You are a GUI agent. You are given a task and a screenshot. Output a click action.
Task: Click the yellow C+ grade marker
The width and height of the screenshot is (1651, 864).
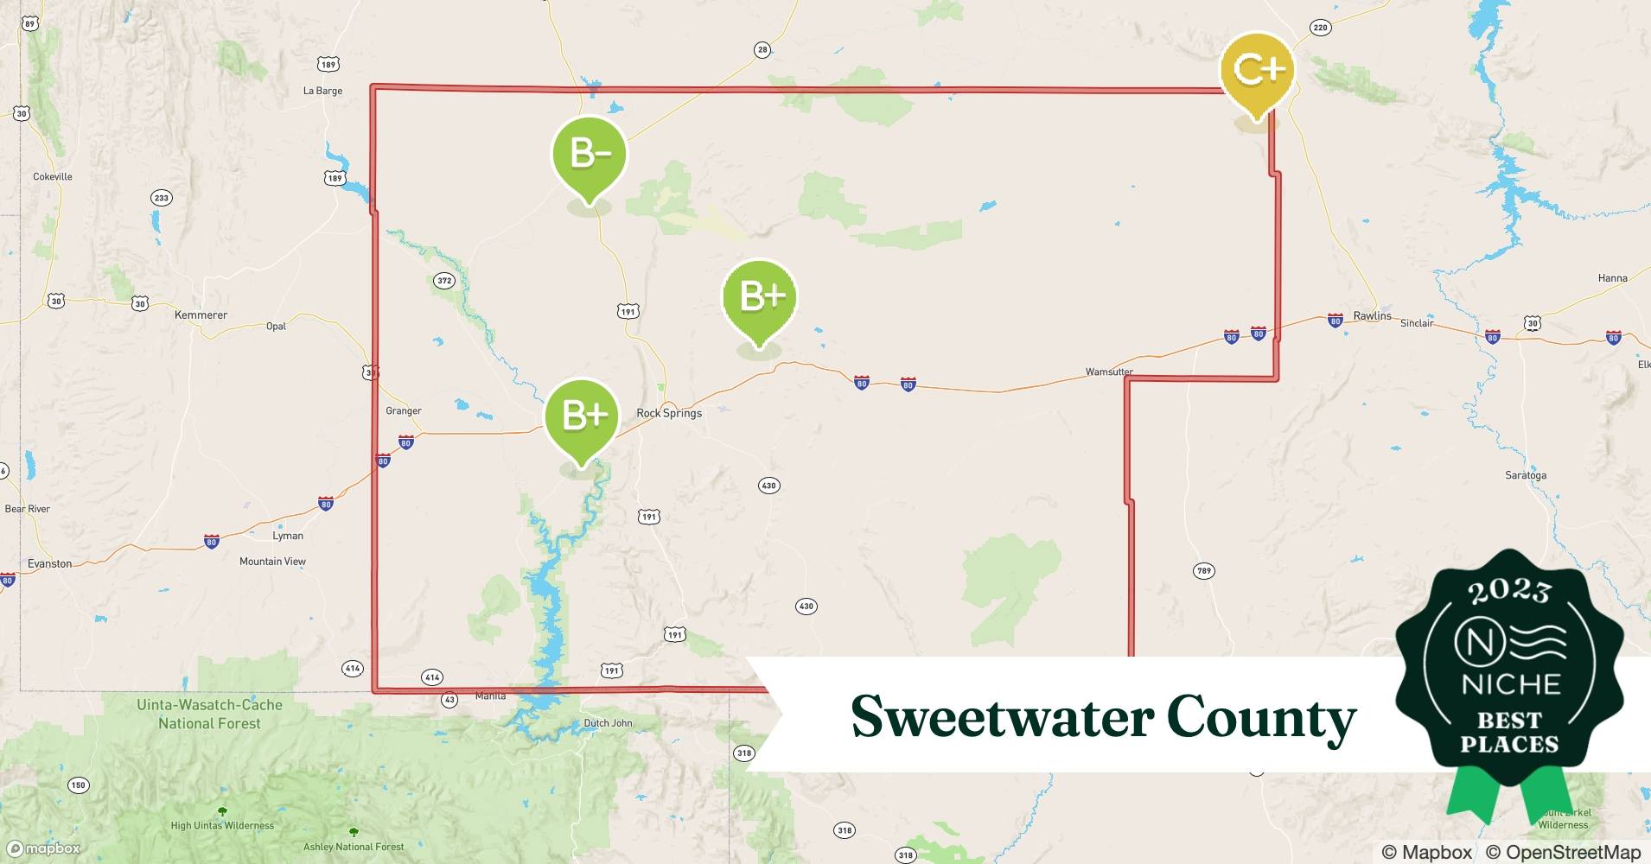pyautogui.click(x=1258, y=69)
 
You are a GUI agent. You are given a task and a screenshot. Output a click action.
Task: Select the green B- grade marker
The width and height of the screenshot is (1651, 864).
pyautogui.click(x=590, y=154)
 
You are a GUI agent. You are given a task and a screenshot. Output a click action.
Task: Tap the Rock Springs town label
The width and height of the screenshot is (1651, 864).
pyautogui.click(x=669, y=413)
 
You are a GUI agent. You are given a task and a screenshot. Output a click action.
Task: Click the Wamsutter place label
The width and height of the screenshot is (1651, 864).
pyautogui.click(x=1109, y=372)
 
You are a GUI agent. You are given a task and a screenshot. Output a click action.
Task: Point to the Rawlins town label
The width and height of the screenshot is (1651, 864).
pyautogui.click(x=1372, y=315)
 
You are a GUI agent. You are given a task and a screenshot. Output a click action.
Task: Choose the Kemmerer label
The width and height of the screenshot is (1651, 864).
pyautogui.click(x=201, y=314)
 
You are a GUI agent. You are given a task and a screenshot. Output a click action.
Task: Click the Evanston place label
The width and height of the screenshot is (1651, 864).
pyautogui.click(x=49, y=563)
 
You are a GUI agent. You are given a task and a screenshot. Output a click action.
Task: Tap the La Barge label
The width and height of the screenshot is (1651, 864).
pyautogui.click(x=322, y=91)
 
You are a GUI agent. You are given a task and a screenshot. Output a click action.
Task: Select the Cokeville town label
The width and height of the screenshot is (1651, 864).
pyautogui.click(x=52, y=176)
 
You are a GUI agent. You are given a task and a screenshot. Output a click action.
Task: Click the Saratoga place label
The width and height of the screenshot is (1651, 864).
pyautogui.click(x=1526, y=475)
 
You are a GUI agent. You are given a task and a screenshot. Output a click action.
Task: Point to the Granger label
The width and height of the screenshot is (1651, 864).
pyautogui.click(x=404, y=410)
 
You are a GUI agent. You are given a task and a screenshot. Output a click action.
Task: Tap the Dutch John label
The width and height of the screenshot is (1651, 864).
pyautogui.click(x=608, y=723)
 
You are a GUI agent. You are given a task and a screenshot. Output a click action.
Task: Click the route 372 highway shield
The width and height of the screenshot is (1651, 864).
pyautogui.click(x=443, y=281)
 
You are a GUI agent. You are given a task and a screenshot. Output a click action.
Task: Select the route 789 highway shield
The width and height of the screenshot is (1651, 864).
pyautogui.click(x=1203, y=570)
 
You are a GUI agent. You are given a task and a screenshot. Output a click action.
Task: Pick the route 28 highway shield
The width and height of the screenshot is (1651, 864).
pyautogui.click(x=762, y=50)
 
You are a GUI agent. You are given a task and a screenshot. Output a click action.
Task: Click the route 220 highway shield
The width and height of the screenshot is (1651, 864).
pyautogui.click(x=1319, y=28)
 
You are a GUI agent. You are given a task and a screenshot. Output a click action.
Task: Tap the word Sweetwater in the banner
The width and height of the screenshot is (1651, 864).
pyautogui.click(x=1002, y=716)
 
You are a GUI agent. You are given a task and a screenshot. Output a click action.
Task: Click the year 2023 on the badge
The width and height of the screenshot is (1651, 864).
pyautogui.click(x=1509, y=592)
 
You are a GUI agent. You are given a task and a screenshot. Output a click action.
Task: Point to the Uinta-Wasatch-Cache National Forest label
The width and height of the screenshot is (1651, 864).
pyautogui.click(x=209, y=714)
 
